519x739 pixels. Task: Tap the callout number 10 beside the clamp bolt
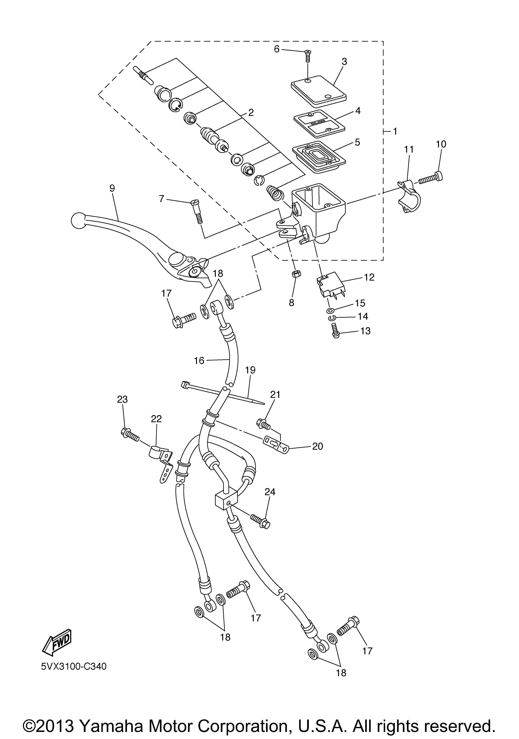(x=441, y=144)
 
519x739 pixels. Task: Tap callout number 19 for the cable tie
(x=250, y=370)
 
